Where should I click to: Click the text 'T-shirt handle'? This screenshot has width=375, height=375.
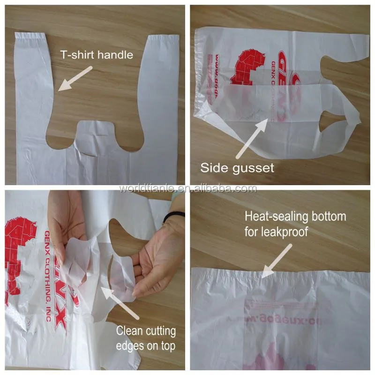tap(96, 55)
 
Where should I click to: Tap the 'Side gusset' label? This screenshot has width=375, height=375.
tap(237, 168)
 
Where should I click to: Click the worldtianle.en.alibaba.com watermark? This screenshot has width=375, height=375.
tap(187, 188)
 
